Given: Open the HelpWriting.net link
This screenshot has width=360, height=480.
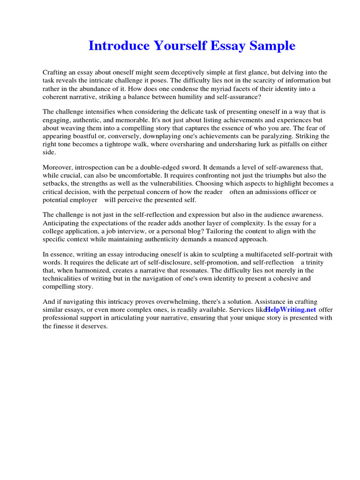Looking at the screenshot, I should [x=291, y=310].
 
